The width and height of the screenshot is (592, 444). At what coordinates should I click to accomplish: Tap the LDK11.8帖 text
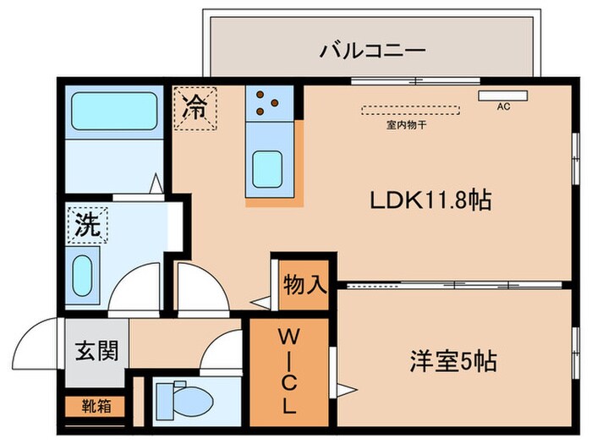(430, 200)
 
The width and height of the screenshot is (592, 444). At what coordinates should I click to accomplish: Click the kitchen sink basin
(269, 166)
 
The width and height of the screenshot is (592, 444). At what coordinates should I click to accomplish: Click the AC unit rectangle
(503, 95)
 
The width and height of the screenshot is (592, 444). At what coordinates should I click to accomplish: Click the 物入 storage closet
(304, 283)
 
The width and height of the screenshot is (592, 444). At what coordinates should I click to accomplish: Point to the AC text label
(503, 107)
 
